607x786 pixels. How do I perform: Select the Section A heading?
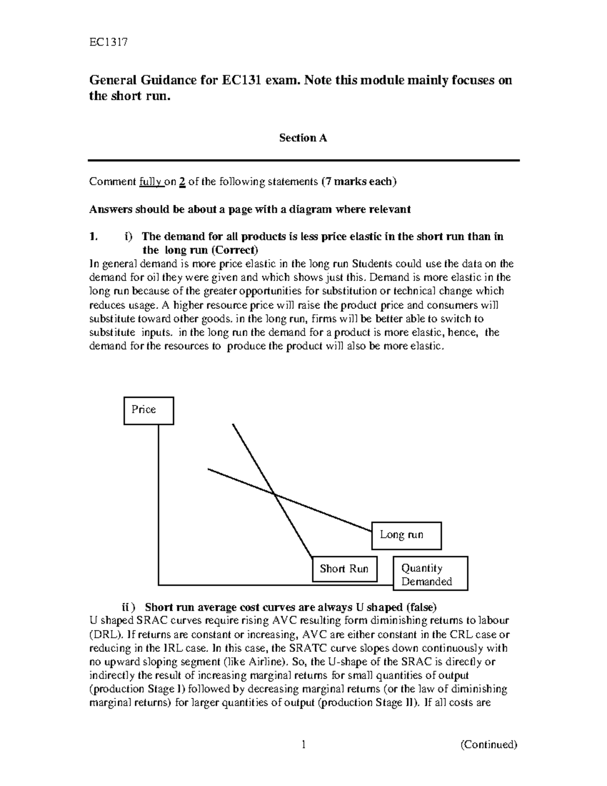click(x=303, y=138)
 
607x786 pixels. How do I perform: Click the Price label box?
click(x=149, y=410)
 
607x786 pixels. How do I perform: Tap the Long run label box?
click(x=406, y=535)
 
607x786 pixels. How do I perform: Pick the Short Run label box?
click(x=344, y=569)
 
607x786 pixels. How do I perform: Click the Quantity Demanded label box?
click(x=430, y=574)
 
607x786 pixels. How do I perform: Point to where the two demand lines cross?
click(x=274, y=493)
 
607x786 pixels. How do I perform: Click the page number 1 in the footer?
click(x=303, y=744)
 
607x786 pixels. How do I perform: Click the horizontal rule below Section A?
click(x=303, y=160)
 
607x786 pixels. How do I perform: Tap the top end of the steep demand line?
click(x=233, y=424)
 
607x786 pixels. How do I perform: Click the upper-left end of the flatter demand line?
click(x=208, y=469)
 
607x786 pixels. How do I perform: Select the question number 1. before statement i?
click(x=93, y=236)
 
